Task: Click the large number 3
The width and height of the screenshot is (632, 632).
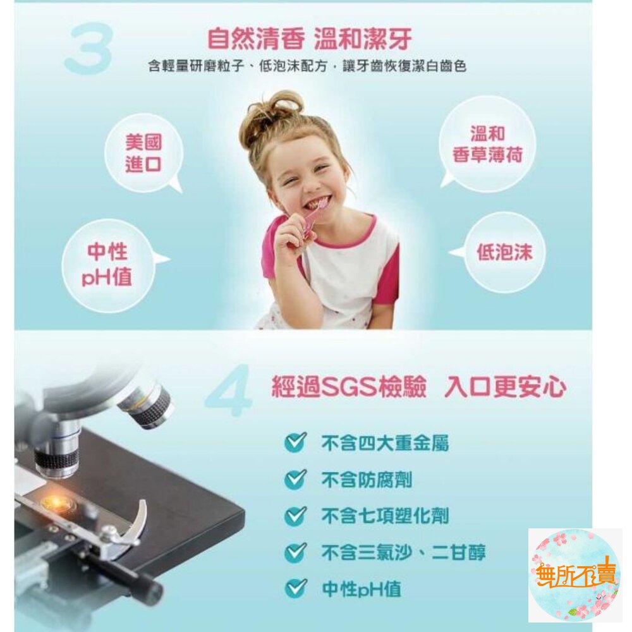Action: tap(88, 49)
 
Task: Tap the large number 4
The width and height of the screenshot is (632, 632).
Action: tap(228, 390)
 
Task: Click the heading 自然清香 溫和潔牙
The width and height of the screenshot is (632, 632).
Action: tap(309, 39)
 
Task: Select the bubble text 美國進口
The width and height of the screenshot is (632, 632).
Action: tap(143, 153)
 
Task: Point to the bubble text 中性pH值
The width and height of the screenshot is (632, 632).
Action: tap(107, 264)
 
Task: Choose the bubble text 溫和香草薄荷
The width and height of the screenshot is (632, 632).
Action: tap(487, 144)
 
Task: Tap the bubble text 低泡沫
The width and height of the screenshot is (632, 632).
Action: tap(504, 252)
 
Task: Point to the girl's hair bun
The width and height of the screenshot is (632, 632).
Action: tap(277, 106)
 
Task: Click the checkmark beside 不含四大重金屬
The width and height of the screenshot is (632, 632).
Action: tap(295, 442)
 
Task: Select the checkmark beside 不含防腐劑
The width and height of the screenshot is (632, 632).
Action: tap(295, 479)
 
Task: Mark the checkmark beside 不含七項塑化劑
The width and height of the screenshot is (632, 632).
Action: tap(295, 516)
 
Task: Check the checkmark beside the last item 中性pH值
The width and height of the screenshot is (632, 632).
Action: tap(295, 588)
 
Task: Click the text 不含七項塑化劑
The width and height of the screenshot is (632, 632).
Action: tap(384, 516)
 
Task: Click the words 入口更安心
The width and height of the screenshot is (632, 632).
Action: tap(505, 387)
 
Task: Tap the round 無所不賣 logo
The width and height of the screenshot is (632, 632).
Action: tap(575, 575)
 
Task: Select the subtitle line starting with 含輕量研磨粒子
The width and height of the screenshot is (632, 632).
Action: tap(307, 66)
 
